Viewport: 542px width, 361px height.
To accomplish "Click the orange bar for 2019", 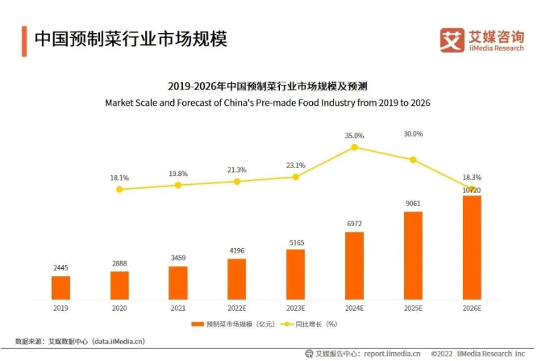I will (60, 288).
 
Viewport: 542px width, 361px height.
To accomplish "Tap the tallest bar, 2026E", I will (472, 247).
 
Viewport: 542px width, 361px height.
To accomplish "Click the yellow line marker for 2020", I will (119, 189).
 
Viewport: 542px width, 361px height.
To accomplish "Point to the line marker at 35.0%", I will (354, 148).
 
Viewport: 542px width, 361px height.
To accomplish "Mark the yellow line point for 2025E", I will (413, 160).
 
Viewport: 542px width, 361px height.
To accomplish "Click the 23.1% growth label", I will (295, 165).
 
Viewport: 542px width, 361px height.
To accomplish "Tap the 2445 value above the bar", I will (60, 267).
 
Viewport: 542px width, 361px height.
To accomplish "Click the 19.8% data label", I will (178, 173).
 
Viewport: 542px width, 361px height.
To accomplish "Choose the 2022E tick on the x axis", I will (237, 308).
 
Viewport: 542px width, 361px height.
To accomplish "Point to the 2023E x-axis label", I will (296, 308).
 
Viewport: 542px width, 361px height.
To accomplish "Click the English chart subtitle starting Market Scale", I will (267, 103).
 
